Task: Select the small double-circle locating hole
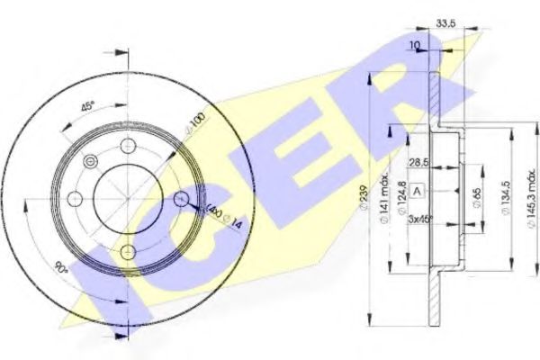[89, 161]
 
